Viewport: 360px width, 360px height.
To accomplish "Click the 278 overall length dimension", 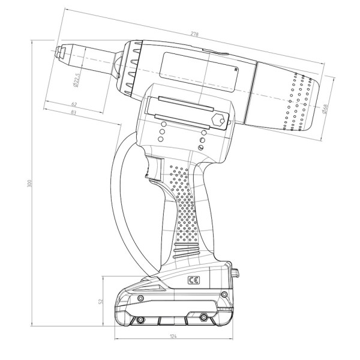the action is [x=194, y=34].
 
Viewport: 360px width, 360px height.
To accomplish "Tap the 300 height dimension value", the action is [x=29, y=184].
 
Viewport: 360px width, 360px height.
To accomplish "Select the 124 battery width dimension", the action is [x=173, y=336].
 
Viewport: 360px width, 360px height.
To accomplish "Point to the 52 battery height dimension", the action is [x=101, y=301].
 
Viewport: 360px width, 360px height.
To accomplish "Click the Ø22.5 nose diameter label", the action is [x=76, y=80].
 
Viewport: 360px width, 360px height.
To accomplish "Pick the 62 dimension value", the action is [x=74, y=104].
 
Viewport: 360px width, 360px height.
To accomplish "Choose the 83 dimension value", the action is [x=73, y=113].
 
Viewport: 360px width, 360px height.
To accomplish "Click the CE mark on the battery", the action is [x=194, y=280].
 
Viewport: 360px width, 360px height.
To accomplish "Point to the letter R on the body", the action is [x=236, y=70].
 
